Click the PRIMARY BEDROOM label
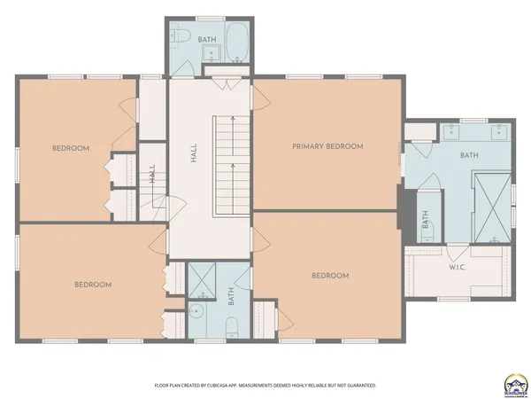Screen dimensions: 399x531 [327, 146]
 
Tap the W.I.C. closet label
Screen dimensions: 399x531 [458, 267]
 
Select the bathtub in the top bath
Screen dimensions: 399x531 [236, 43]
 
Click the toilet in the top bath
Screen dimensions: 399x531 [180, 37]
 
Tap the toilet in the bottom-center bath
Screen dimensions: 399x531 [230, 329]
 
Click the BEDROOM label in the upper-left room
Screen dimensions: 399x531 [71, 148]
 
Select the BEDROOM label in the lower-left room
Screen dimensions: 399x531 [92, 285]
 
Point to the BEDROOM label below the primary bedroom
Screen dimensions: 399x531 [330, 276]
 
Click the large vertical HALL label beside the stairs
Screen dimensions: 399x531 [193, 153]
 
